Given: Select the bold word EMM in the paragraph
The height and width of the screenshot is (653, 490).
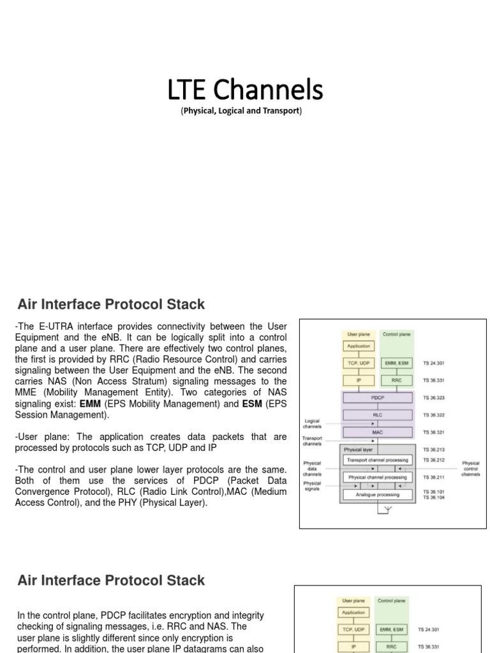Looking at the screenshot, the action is coord(89,404).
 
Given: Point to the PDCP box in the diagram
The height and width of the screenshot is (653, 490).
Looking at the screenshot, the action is coord(378,397).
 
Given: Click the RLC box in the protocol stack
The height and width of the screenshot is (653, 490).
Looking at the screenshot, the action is coord(378,415).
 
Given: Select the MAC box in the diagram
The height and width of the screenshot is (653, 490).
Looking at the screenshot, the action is coord(378,432).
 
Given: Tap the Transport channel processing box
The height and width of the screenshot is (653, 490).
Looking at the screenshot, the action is coord(378,459).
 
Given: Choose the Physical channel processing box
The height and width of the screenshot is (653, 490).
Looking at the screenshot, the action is coord(378,476).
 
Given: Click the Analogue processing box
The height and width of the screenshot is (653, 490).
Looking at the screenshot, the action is coord(378,494).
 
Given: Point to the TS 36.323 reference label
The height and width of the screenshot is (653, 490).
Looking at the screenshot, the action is coord(433,397).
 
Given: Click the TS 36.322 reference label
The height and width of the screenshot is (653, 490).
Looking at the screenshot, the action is coord(433,415).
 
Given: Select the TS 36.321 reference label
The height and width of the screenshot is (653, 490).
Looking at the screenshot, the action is coord(433,432).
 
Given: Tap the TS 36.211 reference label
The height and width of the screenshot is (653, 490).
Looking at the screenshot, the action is coord(433,476).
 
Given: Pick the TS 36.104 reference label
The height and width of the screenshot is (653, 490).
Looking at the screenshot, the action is coord(433,497).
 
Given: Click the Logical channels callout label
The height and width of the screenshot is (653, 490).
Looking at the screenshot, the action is coord(313,424).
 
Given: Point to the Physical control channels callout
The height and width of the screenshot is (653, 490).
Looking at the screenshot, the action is coord(471,469).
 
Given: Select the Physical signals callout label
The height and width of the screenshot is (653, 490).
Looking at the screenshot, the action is coord(313,487).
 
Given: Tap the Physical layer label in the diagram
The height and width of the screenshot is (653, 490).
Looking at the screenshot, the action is coord(359,449).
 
